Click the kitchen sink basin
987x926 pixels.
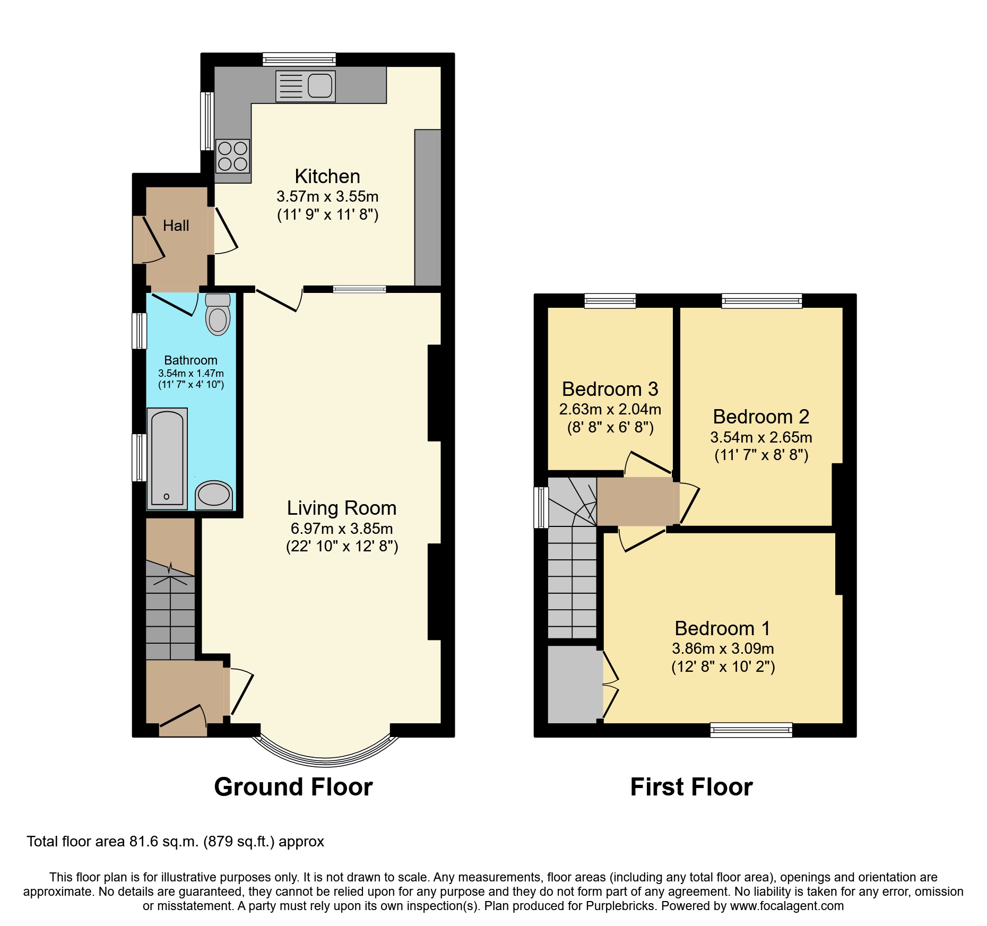[x=319, y=85]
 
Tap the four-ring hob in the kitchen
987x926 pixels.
[x=232, y=155]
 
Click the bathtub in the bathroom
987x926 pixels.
[x=167, y=458]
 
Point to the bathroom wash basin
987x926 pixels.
[x=214, y=495]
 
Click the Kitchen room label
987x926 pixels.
[x=327, y=176]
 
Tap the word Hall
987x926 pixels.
[x=176, y=226]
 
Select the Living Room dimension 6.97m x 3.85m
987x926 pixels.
[x=342, y=529]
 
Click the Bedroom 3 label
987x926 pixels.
[x=610, y=389]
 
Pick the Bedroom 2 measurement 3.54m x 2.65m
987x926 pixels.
[x=761, y=437]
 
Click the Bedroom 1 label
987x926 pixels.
[x=722, y=628]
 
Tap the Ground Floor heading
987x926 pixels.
[x=293, y=786]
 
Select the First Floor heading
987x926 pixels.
[x=691, y=786]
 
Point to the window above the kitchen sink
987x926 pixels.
[x=299, y=59]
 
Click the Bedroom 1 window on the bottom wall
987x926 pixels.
[x=751, y=730]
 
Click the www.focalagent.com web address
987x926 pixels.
[x=786, y=906]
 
